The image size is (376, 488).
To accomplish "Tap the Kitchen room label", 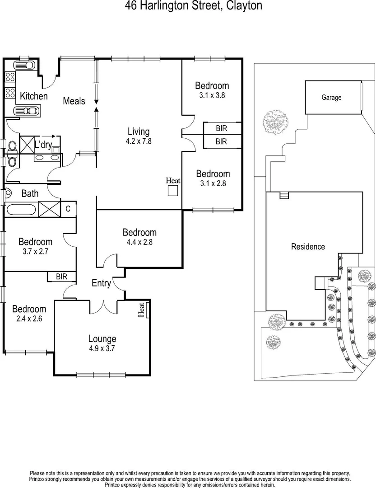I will point(33,96).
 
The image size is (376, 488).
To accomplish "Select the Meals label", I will point(74,101).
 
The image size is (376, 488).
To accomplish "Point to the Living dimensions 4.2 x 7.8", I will point(139,141).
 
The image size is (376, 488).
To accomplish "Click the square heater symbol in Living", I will point(173,191).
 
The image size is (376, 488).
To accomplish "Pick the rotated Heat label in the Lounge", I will point(141,310).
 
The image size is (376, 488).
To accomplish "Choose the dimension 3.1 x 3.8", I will point(212,95).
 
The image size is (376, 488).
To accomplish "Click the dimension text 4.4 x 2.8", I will point(139,242).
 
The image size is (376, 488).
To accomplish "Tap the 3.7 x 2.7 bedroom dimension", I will point(35,252).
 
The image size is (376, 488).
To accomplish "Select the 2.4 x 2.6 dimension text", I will point(29,319).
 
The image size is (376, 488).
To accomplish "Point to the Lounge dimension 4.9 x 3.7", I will point(102,348).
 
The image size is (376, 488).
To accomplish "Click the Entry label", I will point(101,283).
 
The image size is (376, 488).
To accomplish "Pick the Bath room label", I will point(30,194).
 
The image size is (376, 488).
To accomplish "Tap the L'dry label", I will point(43,145).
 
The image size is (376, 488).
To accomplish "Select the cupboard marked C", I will point(68,209).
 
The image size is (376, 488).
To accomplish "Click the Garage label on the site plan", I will point(331,97).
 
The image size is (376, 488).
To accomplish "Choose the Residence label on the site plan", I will point(308,247).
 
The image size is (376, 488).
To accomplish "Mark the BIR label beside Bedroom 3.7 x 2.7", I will point(61,276).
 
